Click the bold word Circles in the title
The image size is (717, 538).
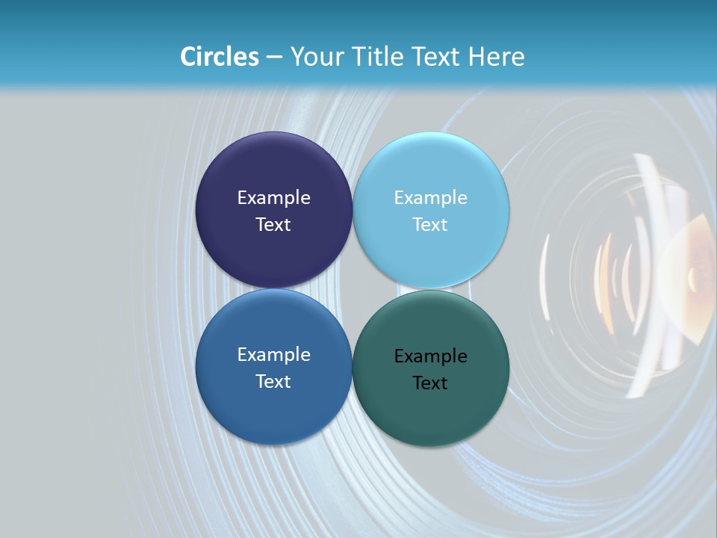220,57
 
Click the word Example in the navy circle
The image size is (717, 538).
273,198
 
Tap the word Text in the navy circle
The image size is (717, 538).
273,225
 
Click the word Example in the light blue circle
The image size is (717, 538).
431,198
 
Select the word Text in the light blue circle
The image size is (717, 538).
431,225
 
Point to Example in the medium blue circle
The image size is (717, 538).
273,355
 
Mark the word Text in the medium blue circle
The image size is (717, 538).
273,382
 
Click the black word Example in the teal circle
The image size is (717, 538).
431,356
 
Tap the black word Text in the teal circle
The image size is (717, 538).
431,383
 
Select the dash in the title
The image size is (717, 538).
274,58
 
